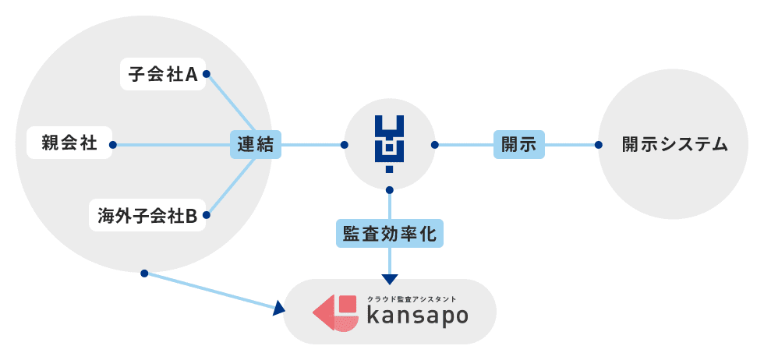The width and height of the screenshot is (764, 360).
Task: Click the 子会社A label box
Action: [x=163, y=75]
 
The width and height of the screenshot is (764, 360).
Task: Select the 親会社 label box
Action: [x=69, y=144]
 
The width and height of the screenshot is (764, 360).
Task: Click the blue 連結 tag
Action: [x=256, y=144]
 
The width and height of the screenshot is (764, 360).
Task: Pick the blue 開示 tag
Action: [x=518, y=144]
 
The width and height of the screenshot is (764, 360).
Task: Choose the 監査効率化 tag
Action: [x=390, y=233]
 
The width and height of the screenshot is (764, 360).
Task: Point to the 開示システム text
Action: [x=675, y=144]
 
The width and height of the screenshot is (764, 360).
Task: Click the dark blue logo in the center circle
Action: [x=390, y=144]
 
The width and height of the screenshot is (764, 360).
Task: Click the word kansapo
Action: [x=418, y=316]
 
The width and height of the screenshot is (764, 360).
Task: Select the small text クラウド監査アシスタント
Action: [x=412, y=298]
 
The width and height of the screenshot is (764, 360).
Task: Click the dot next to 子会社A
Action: [x=207, y=75]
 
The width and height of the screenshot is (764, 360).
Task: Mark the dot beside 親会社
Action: [x=113, y=144]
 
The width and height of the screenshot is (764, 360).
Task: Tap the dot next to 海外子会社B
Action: [x=207, y=214]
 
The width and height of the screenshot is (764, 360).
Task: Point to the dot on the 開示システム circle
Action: [x=598, y=144]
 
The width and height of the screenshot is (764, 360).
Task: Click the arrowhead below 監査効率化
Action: [x=390, y=278]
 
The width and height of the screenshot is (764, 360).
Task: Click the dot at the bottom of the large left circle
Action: [x=144, y=273]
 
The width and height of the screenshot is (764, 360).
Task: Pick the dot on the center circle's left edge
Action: [x=345, y=144]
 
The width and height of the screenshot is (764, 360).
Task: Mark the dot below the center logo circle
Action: [x=390, y=189]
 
